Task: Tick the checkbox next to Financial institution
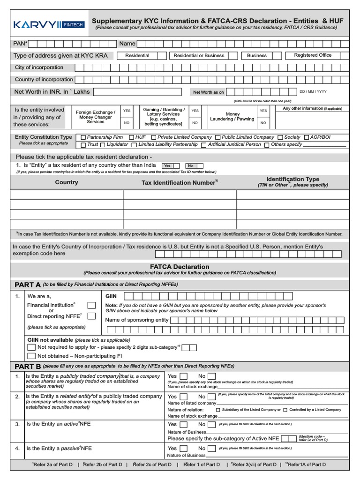tap(92, 306)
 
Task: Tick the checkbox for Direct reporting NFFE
tap(92, 316)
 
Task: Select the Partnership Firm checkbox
tap(83, 137)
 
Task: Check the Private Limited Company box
tap(154, 137)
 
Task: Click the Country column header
tap(67, 182)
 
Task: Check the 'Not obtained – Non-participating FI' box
tap(31, 356)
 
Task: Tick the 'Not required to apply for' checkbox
tap(31, 347)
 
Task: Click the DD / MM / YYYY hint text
tap(313, 92)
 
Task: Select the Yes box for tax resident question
tap(167, 165)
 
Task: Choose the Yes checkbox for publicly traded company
tap(184, 376)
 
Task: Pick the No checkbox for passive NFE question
tap(212, 449)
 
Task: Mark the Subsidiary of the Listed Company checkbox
tap(218, 410)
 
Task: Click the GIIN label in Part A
tap(111, 296)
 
